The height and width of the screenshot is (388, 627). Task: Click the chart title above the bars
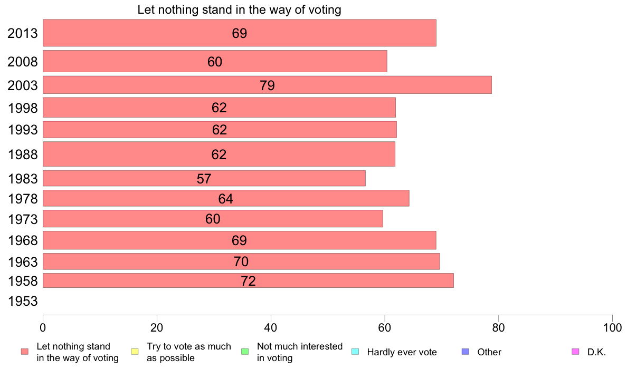point(239,9)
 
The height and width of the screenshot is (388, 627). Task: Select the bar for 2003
point(267,85)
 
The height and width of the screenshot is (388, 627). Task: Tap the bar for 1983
point(204,178)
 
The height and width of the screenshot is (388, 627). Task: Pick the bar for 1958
point(248,280)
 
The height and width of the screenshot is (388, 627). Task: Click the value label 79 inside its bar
point(267,85)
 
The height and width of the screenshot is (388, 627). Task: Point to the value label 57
point(204,179)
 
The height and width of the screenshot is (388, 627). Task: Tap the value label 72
point(248,281)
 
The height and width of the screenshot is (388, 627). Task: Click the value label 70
point(241,261)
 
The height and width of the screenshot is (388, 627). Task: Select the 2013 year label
point(23,33)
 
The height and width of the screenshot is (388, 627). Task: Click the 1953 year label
point(23,302)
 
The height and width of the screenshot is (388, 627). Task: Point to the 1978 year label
point(23,199)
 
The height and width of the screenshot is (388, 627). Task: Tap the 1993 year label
point(23,130)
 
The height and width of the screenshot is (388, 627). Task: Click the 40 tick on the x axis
point(271,327)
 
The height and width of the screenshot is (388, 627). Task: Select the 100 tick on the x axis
point(612,327)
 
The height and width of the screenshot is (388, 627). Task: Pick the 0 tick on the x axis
point(43,327)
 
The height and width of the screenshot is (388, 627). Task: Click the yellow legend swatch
point(135,352)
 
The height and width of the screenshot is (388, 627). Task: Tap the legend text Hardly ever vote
point(402,352)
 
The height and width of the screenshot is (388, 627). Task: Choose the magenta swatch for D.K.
point(575,352)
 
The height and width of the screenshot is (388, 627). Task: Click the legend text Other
point(489,352)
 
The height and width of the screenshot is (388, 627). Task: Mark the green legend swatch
point(244,352)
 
